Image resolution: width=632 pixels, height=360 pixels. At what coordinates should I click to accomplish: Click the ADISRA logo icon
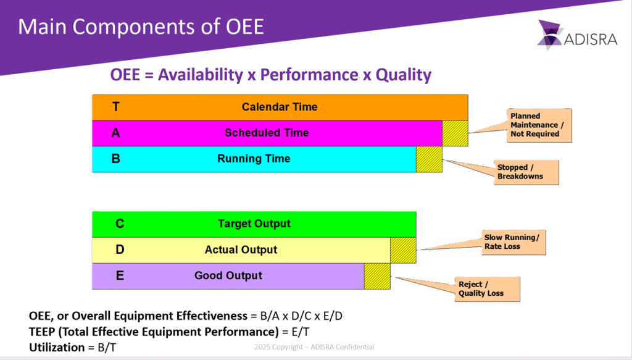click(x=550, y=35)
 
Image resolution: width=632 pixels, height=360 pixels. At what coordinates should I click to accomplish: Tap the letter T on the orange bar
click(x=115, y=107)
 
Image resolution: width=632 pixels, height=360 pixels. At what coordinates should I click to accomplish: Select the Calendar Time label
click(x=280, y=107)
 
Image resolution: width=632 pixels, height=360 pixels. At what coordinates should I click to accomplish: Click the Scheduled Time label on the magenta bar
click(x=267, y=133)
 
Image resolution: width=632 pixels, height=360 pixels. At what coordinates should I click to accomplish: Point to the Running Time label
click(x=254, y=159)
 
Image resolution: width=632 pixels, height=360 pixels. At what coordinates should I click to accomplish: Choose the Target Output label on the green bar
click(x=254, y=224)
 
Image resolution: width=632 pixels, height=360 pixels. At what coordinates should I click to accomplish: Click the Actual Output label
click(x=241, y=250)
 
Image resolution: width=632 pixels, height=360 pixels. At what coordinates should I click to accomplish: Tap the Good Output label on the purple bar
click(x=228, y=276)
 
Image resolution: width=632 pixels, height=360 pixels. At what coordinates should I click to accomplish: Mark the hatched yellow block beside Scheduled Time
click(x=455, y=133)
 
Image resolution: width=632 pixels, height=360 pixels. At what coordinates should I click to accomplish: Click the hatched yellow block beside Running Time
click(x=429, y=159)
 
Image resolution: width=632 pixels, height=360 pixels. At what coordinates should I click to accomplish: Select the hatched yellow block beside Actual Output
click(x=403, y=250)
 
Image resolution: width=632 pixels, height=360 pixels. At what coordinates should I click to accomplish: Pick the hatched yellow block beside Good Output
click(x=377, y=276)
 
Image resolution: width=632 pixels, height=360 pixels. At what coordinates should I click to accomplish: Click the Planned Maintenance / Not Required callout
click(x=539, y=125)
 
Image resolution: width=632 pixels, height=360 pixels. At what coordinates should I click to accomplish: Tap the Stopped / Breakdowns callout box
click(x=526, y=172)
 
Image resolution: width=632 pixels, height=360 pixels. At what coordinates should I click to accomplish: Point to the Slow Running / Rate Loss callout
click(x=513, y=242)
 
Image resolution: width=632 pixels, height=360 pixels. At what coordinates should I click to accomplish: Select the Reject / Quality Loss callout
click(x=488, y=289)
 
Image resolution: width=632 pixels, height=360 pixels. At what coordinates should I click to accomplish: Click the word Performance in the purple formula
click(x=309, y=75)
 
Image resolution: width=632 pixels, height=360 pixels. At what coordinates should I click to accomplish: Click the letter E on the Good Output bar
click(x=120, y=276)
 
